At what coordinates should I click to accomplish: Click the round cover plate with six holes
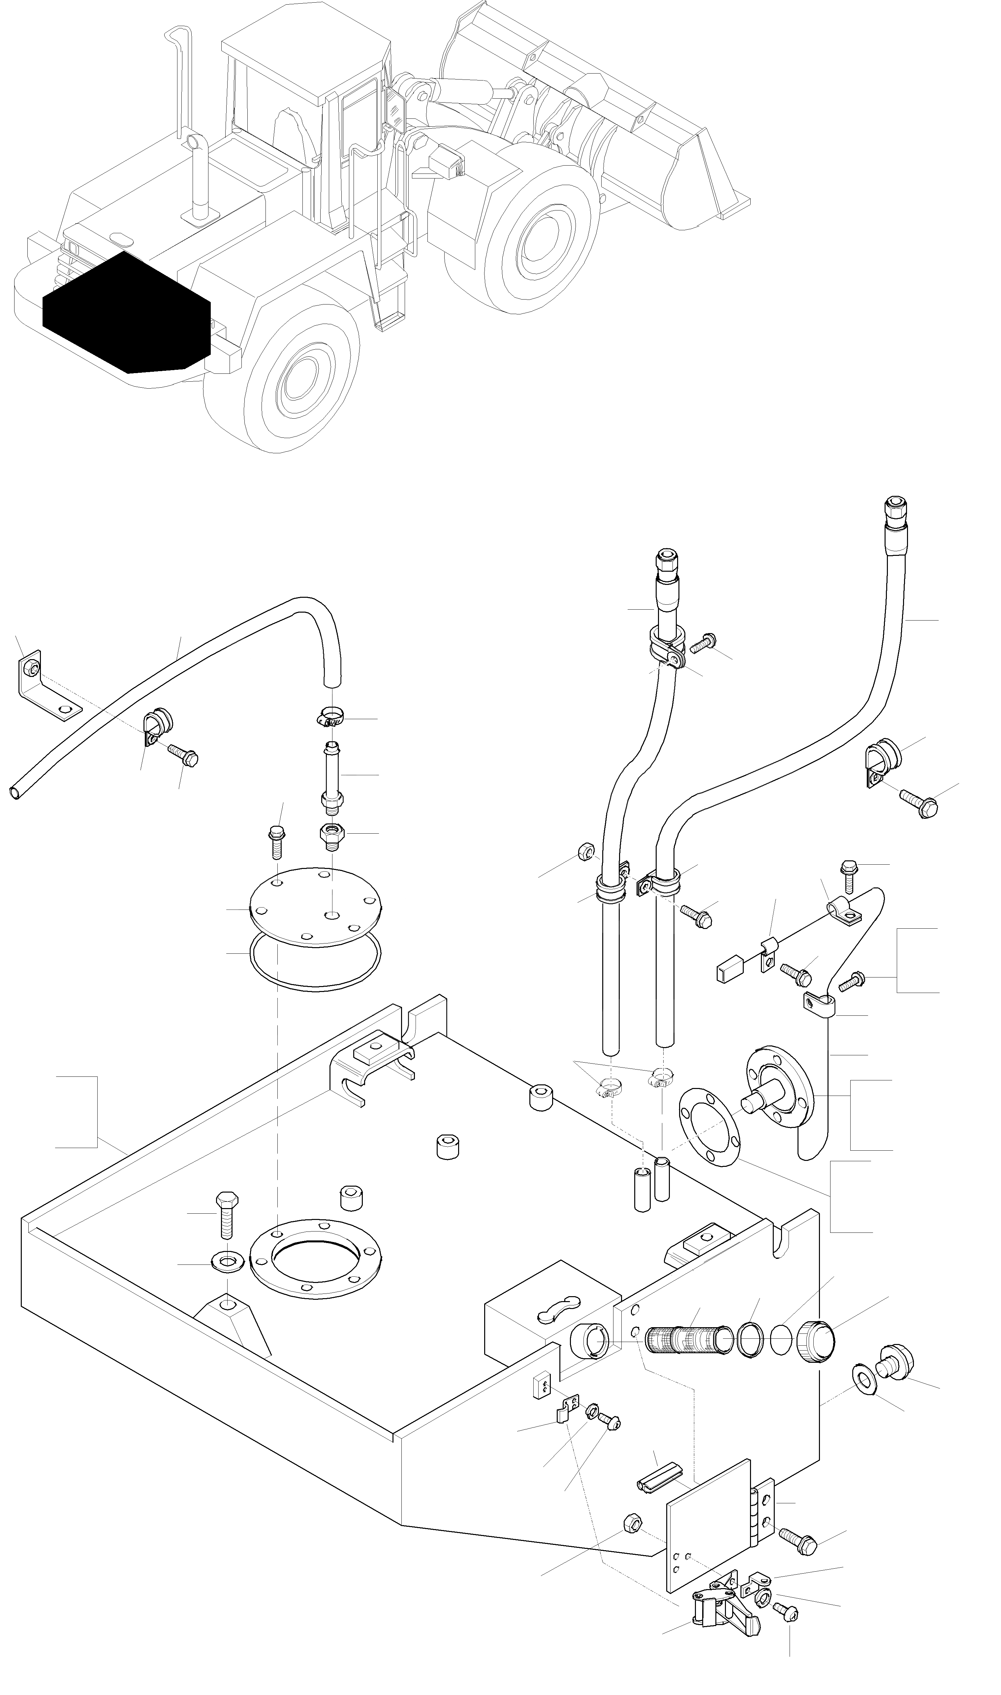point(315,907)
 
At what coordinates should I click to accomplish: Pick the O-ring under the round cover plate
point(315,963)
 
